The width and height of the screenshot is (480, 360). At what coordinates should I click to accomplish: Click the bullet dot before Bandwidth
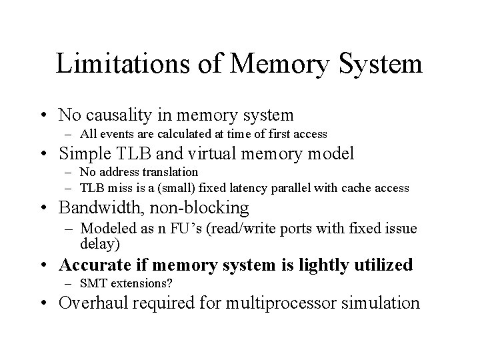pos(47,208)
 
